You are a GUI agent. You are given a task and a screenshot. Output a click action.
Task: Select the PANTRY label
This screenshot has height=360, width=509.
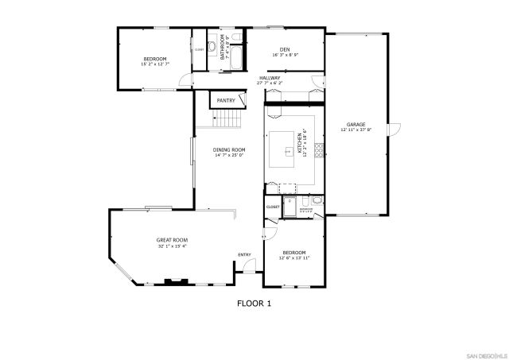coord(227,101)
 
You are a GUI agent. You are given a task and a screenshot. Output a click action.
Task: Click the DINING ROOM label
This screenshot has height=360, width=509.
coord(228,149)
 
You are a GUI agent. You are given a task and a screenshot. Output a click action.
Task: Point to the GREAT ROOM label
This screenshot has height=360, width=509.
coord(171,240)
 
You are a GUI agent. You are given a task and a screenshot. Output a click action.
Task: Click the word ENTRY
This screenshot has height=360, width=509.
coord(244,255)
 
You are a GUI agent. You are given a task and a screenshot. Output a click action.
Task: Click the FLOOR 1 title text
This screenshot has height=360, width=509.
coord(254,303)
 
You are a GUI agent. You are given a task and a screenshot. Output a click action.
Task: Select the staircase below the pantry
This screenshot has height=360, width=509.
coord(227,119)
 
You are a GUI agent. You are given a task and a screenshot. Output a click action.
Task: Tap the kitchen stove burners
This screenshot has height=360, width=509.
coord(319,149)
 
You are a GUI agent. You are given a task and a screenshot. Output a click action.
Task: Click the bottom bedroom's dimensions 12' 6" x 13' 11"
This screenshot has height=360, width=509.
coord(293,258)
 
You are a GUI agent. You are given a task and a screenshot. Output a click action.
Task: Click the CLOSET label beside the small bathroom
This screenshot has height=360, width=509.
coord(273,207)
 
